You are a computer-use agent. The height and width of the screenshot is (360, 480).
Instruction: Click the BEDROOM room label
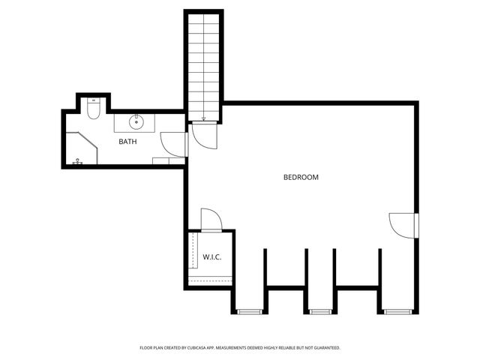[301, 178]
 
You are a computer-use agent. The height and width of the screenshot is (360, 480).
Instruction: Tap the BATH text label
[127, 142]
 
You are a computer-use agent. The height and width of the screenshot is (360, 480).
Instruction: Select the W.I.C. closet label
[211, 257]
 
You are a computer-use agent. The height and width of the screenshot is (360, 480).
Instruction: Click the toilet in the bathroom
[94, 111]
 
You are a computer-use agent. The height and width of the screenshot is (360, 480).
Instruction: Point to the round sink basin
[137, 121]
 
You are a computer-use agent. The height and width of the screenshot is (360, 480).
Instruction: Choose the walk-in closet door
[211, 219]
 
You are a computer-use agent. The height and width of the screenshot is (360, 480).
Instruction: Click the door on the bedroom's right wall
[402, 224]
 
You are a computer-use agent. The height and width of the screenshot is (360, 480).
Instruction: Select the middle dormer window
[320, 311]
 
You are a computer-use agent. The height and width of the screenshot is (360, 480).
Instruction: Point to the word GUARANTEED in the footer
[324, 348]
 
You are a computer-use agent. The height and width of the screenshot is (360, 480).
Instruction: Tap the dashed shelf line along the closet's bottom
[210, 277]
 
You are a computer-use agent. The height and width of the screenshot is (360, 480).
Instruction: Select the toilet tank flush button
[94, 100]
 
